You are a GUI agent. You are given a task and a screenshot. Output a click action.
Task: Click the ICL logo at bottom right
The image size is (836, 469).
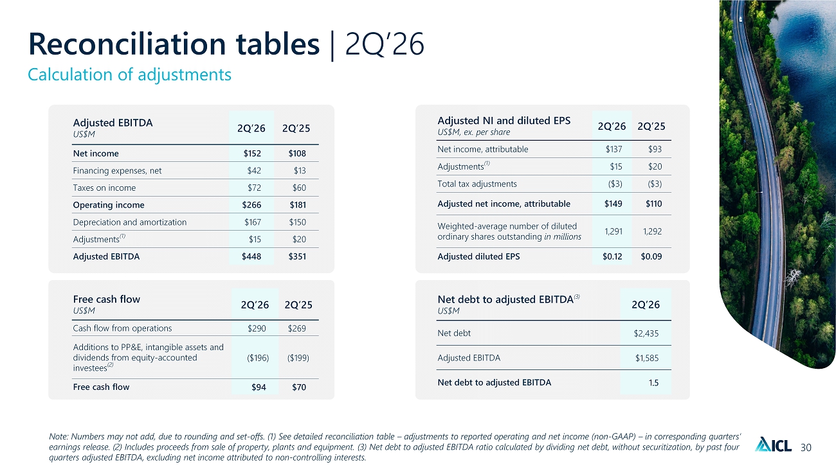773,445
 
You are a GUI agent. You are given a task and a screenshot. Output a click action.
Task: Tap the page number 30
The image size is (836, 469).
806,447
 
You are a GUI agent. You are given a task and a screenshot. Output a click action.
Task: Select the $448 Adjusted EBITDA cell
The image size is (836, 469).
251,256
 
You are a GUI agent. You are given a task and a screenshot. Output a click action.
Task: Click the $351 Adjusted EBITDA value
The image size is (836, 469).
297,256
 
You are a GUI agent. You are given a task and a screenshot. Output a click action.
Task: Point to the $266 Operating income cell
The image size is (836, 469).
251,205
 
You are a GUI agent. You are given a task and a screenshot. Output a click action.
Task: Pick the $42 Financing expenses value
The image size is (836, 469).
254,170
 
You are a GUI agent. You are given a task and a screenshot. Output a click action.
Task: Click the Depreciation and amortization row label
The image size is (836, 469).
129,222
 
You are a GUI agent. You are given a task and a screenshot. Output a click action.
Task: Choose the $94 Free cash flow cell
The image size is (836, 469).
259,387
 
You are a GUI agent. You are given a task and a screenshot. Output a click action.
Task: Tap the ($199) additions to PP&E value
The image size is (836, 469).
298,358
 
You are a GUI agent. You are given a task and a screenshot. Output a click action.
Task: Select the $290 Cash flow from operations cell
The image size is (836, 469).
257,328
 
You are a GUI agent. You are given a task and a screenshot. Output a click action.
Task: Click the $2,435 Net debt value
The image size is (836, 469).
646,333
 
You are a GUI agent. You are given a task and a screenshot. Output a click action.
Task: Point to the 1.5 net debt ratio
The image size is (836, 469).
653,383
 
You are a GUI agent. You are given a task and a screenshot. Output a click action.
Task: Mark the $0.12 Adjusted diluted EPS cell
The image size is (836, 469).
612,256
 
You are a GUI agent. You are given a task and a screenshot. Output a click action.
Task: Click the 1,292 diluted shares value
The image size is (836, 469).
652,231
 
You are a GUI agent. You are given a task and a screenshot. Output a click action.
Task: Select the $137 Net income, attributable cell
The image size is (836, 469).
614,149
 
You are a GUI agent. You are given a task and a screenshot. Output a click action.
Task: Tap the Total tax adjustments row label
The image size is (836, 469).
477,184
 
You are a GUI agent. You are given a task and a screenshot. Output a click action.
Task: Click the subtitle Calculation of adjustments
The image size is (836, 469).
129,75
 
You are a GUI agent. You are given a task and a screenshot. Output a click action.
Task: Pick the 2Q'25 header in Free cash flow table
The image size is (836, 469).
298,305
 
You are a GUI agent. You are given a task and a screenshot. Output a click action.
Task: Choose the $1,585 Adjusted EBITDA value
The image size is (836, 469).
647,358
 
